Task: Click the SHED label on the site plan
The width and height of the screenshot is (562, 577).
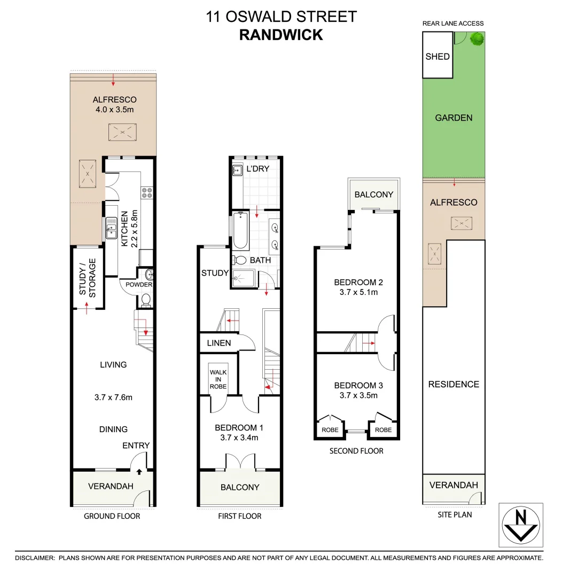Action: (438, 57)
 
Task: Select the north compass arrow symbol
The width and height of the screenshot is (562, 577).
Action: (521, 525)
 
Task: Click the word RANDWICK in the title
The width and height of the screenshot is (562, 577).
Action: (281, 35)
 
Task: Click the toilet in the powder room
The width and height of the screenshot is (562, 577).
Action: (145, 300)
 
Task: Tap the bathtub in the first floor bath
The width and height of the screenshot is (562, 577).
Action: (240, 231)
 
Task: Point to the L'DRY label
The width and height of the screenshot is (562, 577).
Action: (257, 169)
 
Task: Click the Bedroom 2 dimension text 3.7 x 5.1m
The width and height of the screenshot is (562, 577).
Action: (358, 292)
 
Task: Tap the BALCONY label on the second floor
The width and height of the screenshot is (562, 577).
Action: (373, 194)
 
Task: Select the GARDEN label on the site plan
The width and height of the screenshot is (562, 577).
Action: (454, 118)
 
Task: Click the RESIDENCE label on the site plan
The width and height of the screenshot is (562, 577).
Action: (454, 384)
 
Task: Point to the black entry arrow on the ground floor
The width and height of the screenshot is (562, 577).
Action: (139, 472)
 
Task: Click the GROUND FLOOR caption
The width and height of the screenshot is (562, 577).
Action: (112, 516)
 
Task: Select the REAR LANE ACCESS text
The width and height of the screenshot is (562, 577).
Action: (453, 24)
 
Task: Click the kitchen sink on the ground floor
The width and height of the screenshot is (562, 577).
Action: (112, 227)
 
